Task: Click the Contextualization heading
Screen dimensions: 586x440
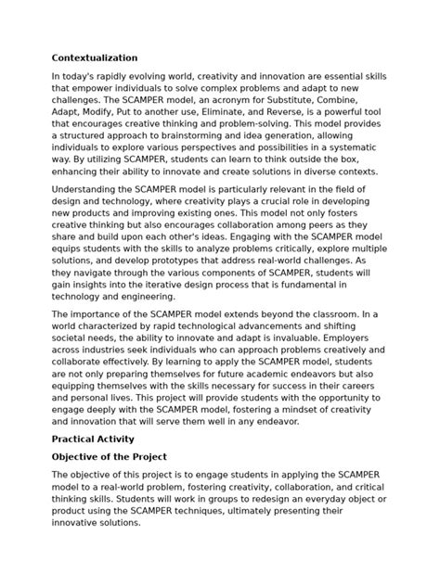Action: tap(95, 57)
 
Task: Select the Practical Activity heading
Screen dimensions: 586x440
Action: tap(93, 439)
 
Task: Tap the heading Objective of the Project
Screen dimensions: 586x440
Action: tap(109, 457)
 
